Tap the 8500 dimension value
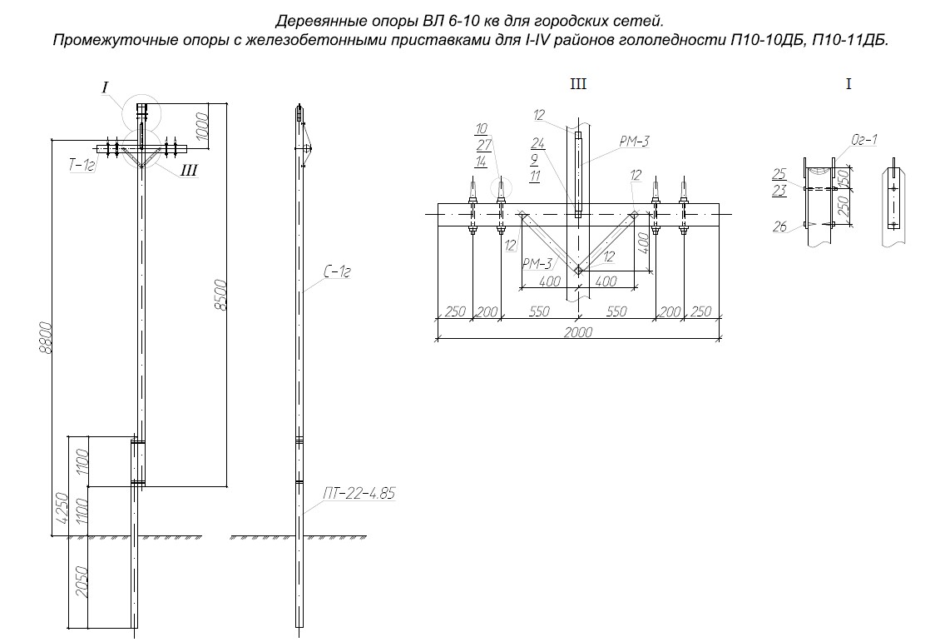221,294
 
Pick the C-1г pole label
334,271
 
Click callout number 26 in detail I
779,226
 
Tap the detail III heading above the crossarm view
577,84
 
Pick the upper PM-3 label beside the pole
634,142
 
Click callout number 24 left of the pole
537,142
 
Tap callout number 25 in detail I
779,174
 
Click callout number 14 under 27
481,162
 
